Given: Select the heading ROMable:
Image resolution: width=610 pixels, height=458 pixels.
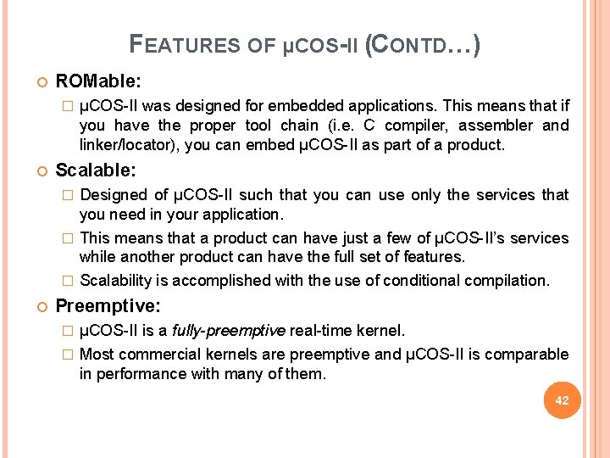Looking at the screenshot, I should tap(98, 81).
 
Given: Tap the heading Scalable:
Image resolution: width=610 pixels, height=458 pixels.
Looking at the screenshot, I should tap(96, 170).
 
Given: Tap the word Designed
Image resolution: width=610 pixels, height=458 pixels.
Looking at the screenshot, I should tap(113, 195).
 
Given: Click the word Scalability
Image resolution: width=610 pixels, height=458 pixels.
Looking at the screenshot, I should tap(114, 280).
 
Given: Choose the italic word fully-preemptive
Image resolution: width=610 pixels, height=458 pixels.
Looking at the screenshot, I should tap(229, 329).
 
